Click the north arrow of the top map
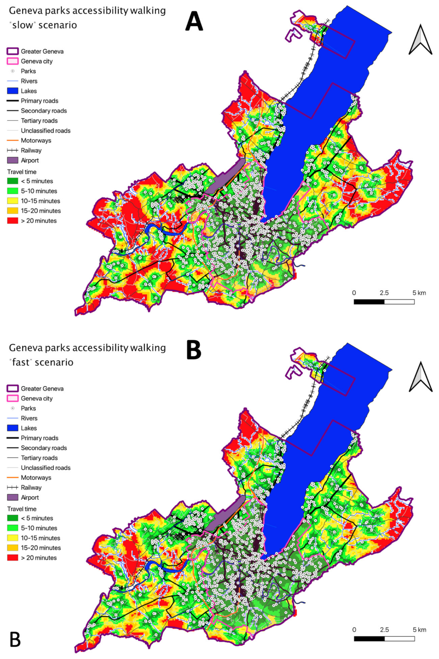coord(420,40)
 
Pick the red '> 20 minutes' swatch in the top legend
coord(13,221)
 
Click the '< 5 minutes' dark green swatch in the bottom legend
coord(13,518)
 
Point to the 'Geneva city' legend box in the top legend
coord(13,61)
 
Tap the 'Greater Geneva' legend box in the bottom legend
coord(13,388)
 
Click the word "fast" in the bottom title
coord(21,362)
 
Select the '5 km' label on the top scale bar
coord(419,293)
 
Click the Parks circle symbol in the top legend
coord(13,71)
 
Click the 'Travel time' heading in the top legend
coord(22,172)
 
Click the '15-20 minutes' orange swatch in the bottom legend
coord(13,548)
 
